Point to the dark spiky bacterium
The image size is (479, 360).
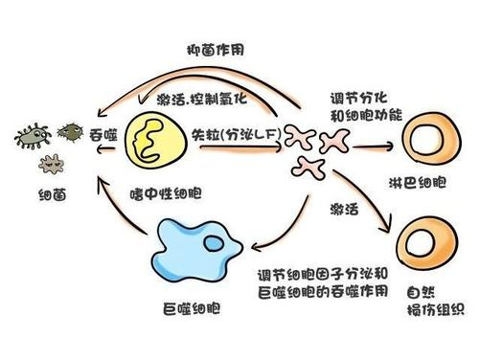(x=70, y=129)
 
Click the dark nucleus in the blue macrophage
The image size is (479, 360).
(x=210, y=245)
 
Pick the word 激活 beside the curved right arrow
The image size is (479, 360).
(x=344, y=208)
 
